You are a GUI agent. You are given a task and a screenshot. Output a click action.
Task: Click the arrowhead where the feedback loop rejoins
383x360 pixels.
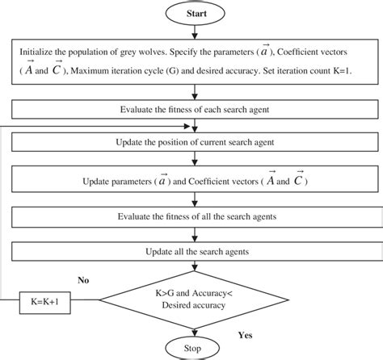[x=194, y=125]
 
